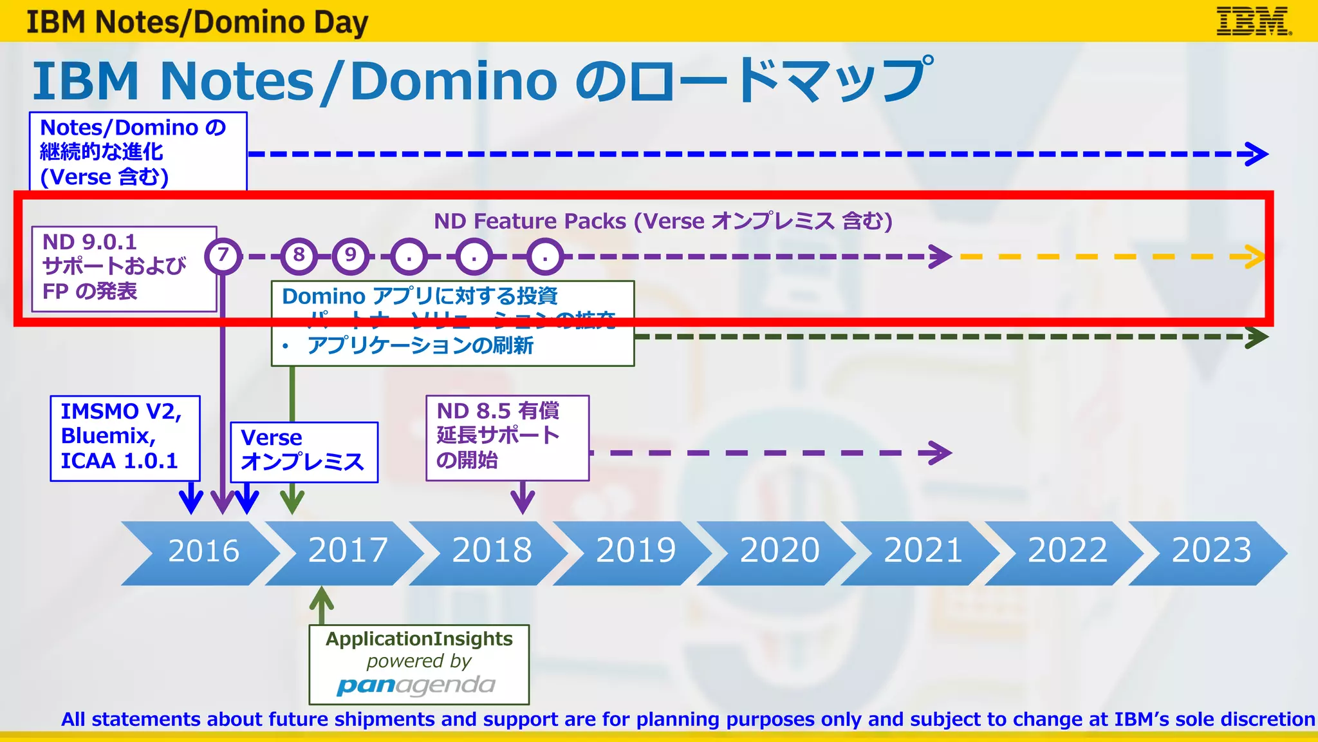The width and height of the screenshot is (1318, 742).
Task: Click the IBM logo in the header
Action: tap(1253, 21)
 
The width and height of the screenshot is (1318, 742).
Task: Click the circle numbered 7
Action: tap(223, 256)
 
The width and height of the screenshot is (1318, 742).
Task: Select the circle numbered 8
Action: tap(299, 256)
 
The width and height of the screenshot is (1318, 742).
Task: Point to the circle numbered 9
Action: tap(350, 256)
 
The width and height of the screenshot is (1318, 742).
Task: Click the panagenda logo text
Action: tap(416, 685)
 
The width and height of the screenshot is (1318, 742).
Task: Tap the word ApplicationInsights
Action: tap(419, 639)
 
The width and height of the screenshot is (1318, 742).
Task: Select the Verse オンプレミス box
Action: tap(304, 452)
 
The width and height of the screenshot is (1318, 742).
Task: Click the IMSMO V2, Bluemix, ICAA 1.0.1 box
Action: tap(125, 438)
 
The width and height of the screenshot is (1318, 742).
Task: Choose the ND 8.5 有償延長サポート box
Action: tap(507, 437)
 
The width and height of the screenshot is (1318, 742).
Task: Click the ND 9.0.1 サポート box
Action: tap(124, 269)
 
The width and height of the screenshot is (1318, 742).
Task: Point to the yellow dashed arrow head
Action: tap(1254, 256)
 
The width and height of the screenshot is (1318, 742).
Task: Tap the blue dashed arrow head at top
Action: tap(1257, 154)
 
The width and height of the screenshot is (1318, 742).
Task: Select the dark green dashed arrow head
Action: tap(1258, 337)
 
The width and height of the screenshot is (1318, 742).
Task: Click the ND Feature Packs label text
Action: tap(663, 222)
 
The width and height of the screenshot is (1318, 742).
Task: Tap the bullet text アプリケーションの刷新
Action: tap(420, 346)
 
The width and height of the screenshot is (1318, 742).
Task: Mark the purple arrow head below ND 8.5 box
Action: tap(523, 501)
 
